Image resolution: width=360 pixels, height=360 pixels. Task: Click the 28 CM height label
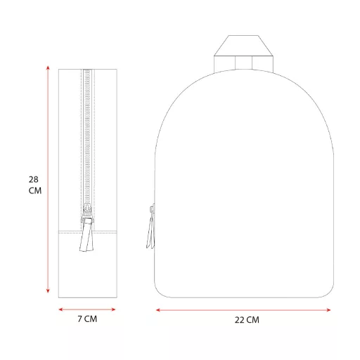(35, 185)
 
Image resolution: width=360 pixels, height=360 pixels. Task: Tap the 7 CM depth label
(87, 319)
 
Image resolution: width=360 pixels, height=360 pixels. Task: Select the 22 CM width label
(247, 320)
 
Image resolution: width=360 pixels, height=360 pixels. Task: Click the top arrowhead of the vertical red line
(48, 68)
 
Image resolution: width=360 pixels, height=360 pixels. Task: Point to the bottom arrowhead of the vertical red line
(48, 291)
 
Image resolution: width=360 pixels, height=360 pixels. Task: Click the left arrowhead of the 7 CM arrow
(60, 309)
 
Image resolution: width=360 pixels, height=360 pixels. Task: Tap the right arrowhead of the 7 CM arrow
(113, 309)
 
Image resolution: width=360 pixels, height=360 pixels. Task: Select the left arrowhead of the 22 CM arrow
(158, 310)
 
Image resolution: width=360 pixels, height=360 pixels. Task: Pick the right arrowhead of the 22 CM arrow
(328, 310)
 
